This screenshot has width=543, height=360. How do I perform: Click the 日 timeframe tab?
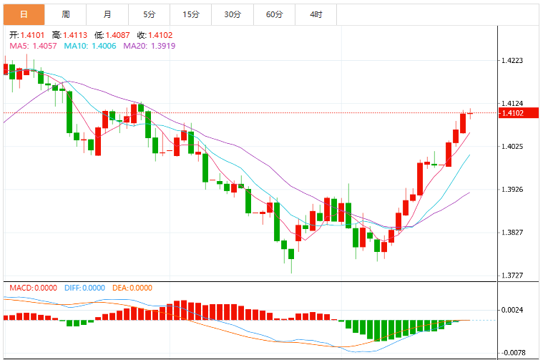pos(24,14)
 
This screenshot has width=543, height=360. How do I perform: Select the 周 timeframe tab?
pos(66,14)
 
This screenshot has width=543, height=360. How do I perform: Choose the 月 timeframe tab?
pos(107,14)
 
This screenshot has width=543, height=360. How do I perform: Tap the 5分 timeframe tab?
pos(150,14)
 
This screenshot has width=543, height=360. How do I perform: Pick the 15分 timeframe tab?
pos(191,14)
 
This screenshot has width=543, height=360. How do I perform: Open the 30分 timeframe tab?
pos(233,14)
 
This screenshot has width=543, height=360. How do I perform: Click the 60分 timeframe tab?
pos(274,14)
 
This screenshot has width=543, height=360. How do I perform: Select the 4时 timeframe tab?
pos(315,14)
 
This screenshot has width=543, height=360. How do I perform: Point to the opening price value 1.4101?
pos(33,35)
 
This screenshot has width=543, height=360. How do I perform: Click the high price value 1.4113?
pos(75,35)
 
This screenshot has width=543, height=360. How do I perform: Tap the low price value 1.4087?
pos(118,35)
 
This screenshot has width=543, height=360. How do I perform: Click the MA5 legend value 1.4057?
pos(44,46)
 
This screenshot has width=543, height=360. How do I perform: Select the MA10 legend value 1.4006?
pos(104,46)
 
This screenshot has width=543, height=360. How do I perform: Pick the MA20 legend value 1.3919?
pos(163,46)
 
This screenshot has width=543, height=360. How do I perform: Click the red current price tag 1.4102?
pos(519,113)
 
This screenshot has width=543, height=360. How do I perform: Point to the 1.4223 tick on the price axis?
pos(512,61)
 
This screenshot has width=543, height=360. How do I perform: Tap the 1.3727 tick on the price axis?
pos(512,276)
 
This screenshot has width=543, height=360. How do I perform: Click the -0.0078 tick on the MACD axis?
pos(513,353)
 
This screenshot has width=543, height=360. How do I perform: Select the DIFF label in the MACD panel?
pos(73,288)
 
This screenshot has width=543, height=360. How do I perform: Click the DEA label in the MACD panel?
pos(119,288)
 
